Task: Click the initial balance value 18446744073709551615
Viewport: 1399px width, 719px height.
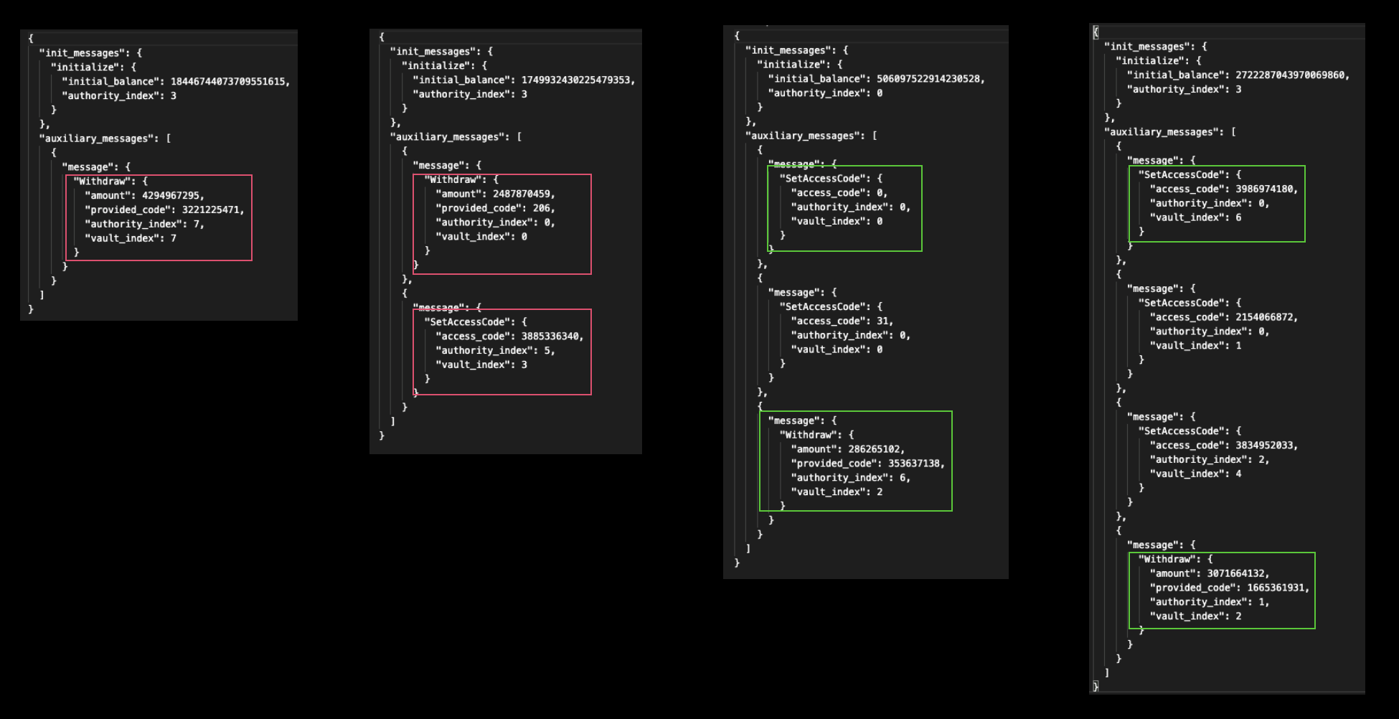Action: [229, 82]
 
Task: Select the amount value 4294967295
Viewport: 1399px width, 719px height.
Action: [172, 196]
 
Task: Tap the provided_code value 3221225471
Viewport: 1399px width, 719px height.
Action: [212, 210]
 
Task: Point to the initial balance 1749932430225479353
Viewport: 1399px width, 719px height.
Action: [577, 80]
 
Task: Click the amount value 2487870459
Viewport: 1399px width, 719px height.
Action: [522, 194]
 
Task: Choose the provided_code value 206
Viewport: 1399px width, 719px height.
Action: [542, 209]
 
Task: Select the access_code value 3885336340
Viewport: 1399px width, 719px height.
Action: [551, 337]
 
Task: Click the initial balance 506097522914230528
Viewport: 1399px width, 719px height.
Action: [929, 79]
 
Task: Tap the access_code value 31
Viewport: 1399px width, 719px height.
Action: [883, 321]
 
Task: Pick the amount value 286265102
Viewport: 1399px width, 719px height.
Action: [875, 449]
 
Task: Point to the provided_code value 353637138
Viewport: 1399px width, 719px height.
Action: [915, 464]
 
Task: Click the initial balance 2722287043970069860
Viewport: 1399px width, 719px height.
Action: [1291, 75]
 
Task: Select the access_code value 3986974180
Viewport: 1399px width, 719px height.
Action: [1265, 189]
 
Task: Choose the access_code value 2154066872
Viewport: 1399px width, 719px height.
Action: [1265, 317]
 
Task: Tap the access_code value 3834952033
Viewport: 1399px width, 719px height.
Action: [1265, 446]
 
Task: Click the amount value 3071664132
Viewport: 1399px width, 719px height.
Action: [1236, 574]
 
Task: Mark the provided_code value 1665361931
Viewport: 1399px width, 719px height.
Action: [1276, 588]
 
